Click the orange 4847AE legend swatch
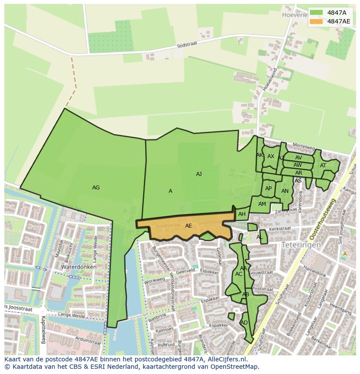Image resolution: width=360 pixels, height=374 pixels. (316, 21)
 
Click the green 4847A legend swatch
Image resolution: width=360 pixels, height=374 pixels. (316, 12)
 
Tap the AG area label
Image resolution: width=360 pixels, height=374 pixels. (96, 188)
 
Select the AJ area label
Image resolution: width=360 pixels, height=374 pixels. (199, 174)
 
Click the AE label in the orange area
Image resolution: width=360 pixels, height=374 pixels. (188, 226)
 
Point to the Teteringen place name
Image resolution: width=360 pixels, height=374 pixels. (301, 245)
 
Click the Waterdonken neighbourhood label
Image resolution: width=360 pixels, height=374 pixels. (79, 267)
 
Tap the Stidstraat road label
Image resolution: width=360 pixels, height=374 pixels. (188, 45)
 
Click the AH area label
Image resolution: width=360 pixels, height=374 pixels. (242, 214)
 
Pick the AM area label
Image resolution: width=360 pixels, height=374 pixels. (262, 204)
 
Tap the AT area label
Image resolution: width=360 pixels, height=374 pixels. (323, 165)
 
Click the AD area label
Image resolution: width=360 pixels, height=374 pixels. (244, 323)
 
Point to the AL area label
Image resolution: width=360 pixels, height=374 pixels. (260, 237)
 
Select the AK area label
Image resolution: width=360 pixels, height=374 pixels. (260, 155)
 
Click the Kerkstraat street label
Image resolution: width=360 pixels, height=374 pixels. (280, 228)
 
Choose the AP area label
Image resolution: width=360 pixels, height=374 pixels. (268, 189)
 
